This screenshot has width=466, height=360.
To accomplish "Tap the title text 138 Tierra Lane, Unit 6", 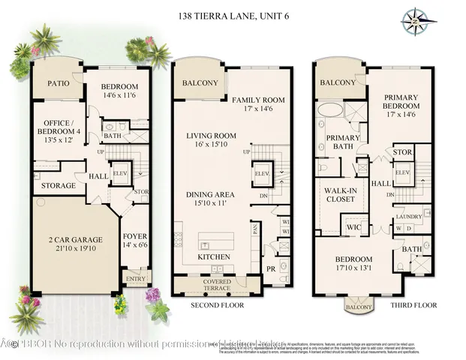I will (232, 15).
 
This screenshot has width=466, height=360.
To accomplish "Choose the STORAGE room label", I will (58, 185).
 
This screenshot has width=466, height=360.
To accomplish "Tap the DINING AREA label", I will (210, 194).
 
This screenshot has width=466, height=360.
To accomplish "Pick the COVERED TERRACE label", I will (218, 285).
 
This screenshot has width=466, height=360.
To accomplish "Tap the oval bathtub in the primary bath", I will (330, 112).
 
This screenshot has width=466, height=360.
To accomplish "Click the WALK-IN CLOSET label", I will (340, 195).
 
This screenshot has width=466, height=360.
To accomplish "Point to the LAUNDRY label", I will (409, 217).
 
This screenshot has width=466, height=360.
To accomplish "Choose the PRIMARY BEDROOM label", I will (401, 101).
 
